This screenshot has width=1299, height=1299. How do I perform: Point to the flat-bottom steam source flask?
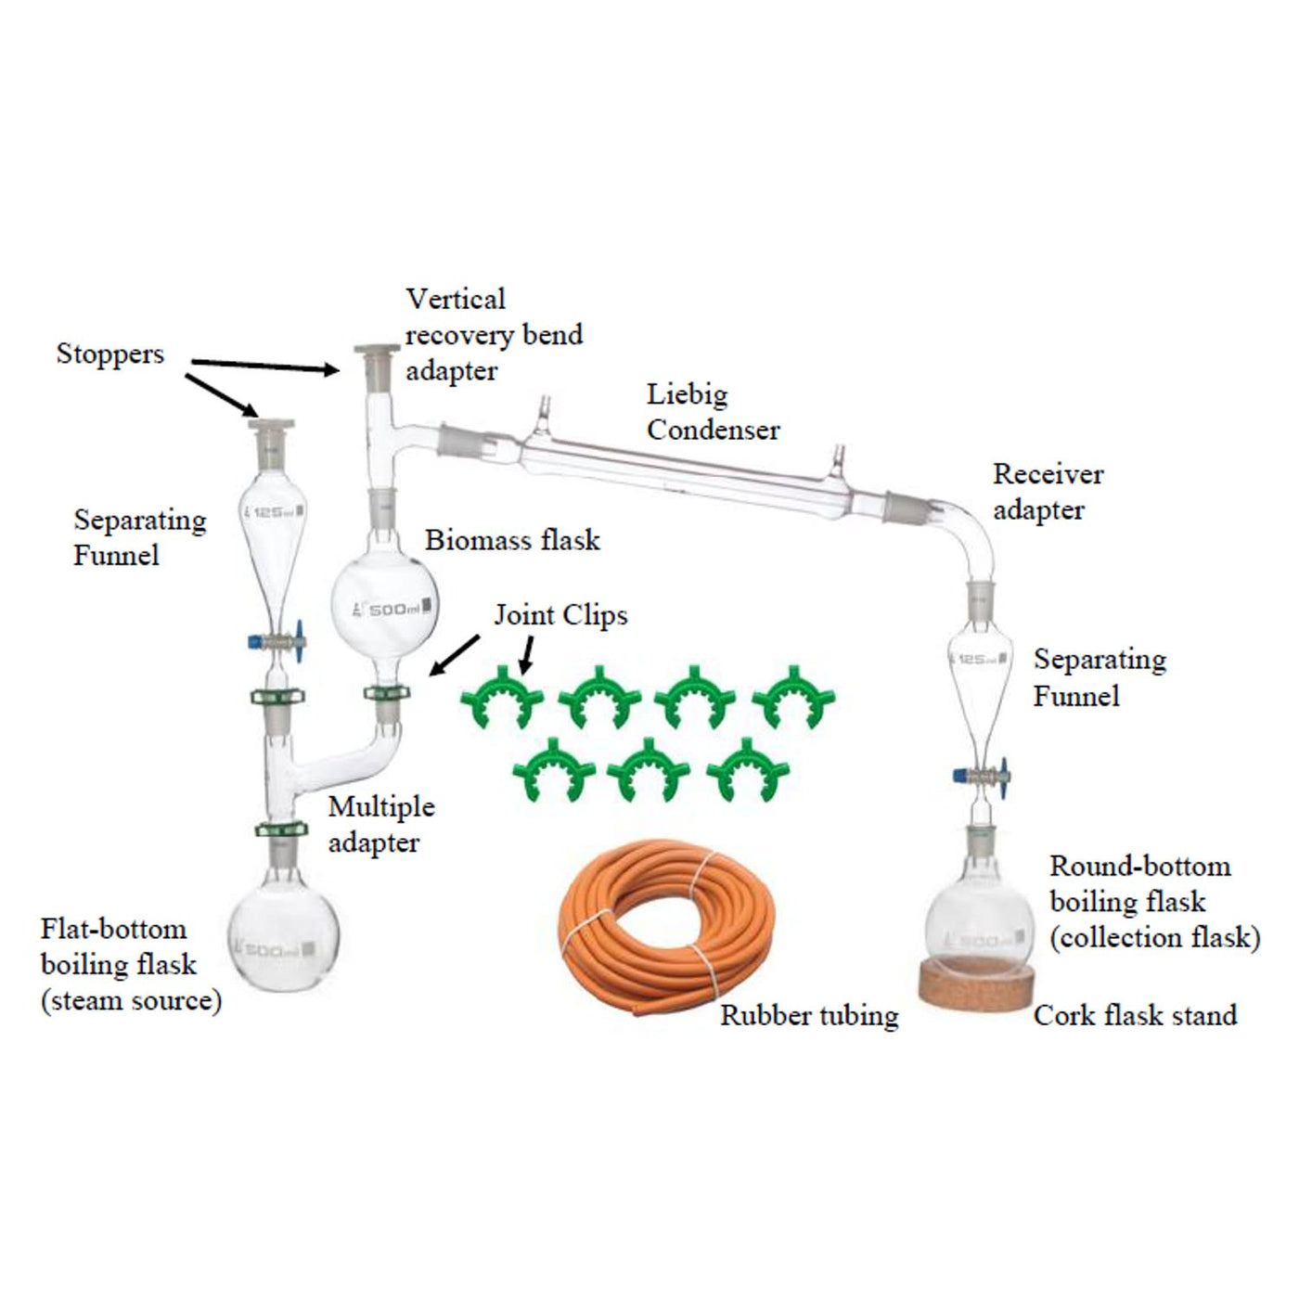(283, 937)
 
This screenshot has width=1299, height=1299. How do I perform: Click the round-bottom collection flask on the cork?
(978, 923)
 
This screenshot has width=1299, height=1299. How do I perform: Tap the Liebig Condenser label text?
(713, 412)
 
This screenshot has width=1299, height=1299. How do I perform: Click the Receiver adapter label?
(1048, 492)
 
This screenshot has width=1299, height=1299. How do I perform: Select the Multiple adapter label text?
(380, 824)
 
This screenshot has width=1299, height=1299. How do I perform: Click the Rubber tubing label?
(809, 1015)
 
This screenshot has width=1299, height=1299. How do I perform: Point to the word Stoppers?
(109, 354)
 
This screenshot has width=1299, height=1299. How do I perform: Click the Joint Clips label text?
(560, 615)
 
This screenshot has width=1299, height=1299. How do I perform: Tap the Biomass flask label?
(512, 540)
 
